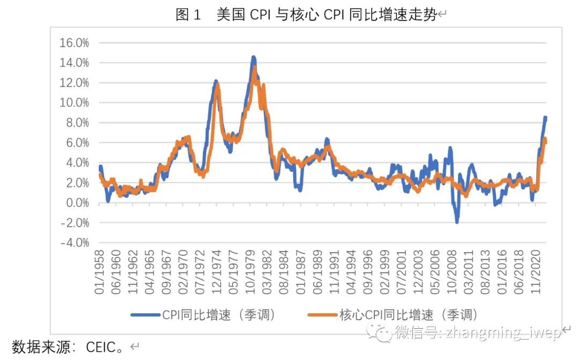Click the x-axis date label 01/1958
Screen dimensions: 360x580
click(x=100, y=273)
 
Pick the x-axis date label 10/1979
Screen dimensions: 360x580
click(x=250, y=273)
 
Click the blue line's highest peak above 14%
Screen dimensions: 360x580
click(x=253, y=57)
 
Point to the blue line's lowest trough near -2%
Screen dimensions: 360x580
click(x=457, y=221)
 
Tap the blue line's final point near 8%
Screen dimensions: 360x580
click(x=545, y=118)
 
